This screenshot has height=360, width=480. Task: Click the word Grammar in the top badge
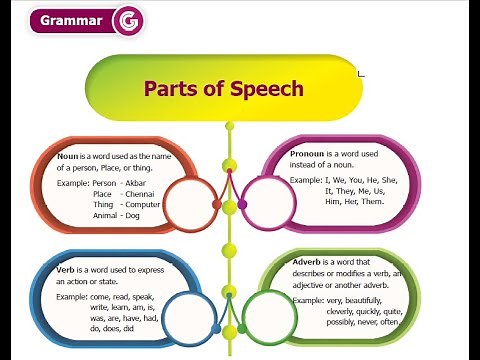72,21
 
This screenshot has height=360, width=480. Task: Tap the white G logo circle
129,21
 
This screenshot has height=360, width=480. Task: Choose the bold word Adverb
309,262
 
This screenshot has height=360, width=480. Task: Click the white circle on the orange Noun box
189,204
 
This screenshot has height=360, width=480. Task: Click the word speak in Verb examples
142,297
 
